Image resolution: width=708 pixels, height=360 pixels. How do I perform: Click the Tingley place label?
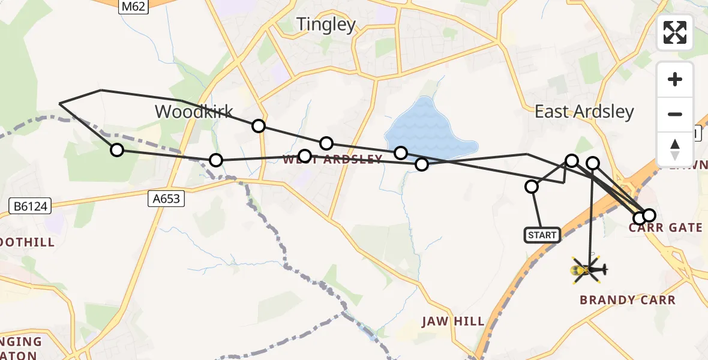(326, 25)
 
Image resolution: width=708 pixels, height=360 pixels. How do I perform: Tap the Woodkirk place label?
(194, 112)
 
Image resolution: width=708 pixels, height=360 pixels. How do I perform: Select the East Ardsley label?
(584, 112)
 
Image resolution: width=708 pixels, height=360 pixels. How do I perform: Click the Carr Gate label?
(665, 228)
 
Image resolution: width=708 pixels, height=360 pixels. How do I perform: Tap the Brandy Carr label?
(628, 300)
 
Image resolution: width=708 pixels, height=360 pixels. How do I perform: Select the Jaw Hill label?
(453, 321)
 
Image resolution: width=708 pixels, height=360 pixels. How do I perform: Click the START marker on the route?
(542, 235)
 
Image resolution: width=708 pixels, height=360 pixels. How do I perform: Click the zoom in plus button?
(675, 79)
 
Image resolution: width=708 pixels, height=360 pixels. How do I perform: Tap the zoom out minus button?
(675, 114)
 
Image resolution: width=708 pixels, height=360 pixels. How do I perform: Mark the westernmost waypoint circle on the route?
(117, 150)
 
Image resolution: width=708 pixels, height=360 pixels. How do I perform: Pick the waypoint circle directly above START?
(532, 187)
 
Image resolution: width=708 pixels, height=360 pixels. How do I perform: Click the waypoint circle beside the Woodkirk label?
(259, 126)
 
